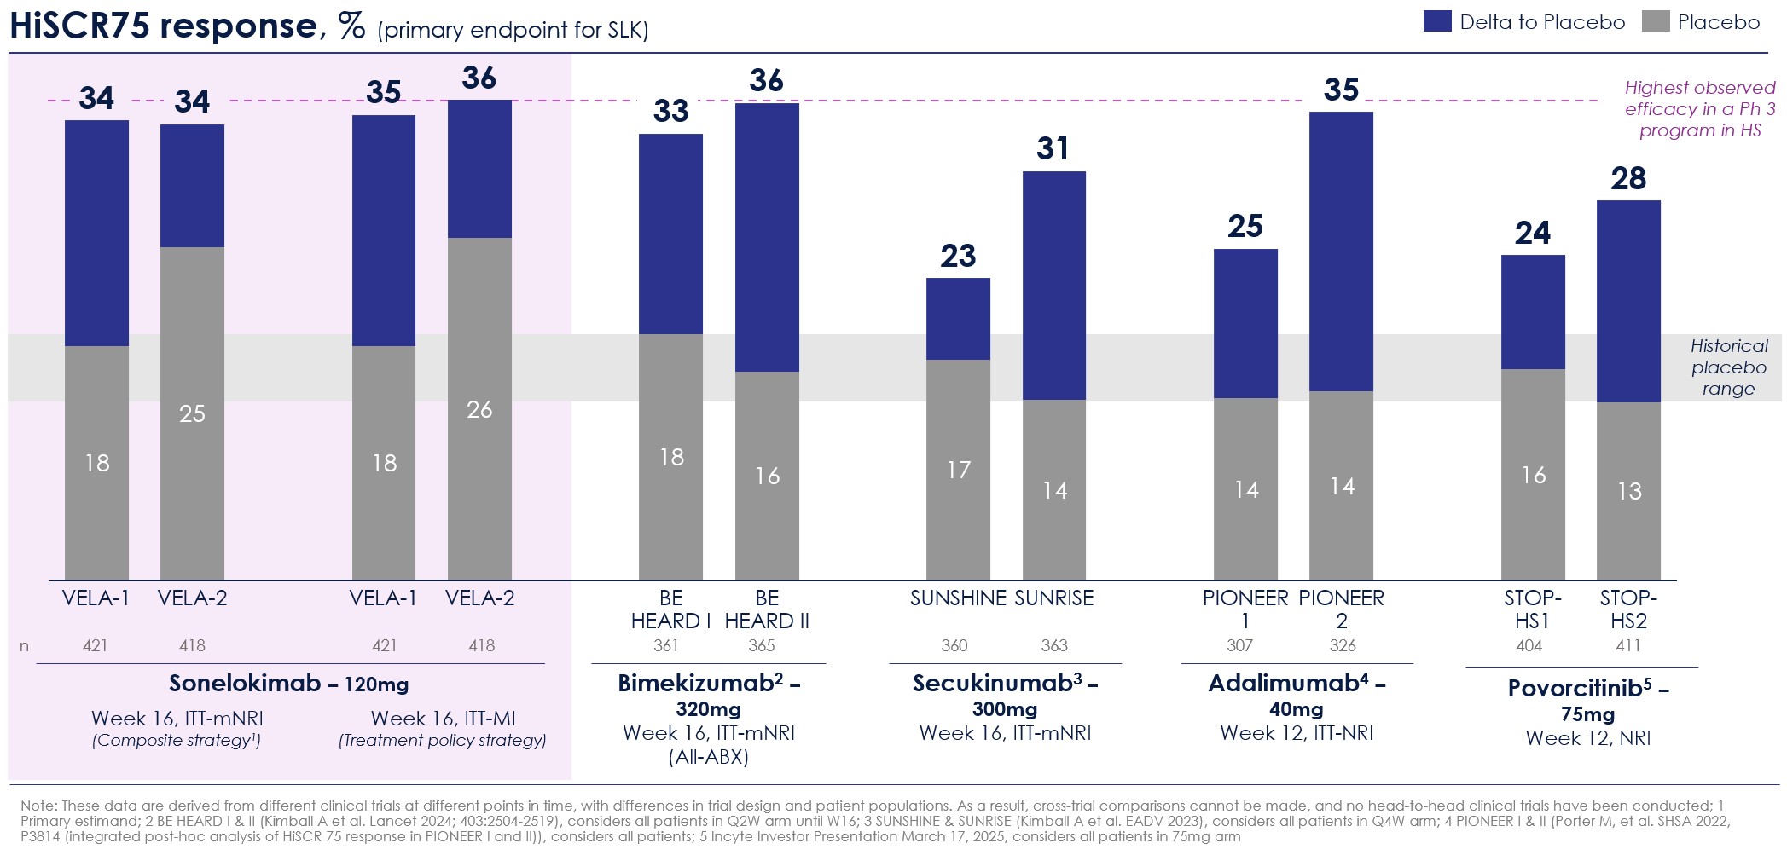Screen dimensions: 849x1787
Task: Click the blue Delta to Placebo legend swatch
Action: point(1437,21)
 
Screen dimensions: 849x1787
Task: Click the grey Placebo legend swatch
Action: point(1656,21)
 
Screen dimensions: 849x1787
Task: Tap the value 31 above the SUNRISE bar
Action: point(1053,148)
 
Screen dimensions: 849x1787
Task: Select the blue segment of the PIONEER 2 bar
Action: point(1341,251)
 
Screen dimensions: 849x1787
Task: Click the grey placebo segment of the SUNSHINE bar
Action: point(958,470)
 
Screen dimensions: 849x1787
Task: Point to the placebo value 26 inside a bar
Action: point(479,410)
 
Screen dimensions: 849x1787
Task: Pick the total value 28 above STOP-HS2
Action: point(1628,178)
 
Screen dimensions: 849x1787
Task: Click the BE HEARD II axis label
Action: point(767,609)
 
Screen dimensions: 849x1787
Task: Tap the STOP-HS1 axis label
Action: point(1533,609)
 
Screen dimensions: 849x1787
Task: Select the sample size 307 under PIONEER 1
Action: point(1239,646)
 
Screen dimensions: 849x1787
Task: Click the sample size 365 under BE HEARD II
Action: point(762,646)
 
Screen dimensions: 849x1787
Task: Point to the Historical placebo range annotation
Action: point(1729,367)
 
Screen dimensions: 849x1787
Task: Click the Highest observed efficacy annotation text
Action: point(1700,109)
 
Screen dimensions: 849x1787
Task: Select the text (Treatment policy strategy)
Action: point(442,741)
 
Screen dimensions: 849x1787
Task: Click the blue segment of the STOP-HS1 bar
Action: point(1533,312)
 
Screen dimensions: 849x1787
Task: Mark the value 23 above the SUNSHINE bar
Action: point(958,256)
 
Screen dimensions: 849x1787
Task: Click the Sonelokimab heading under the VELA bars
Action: point(245,684)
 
